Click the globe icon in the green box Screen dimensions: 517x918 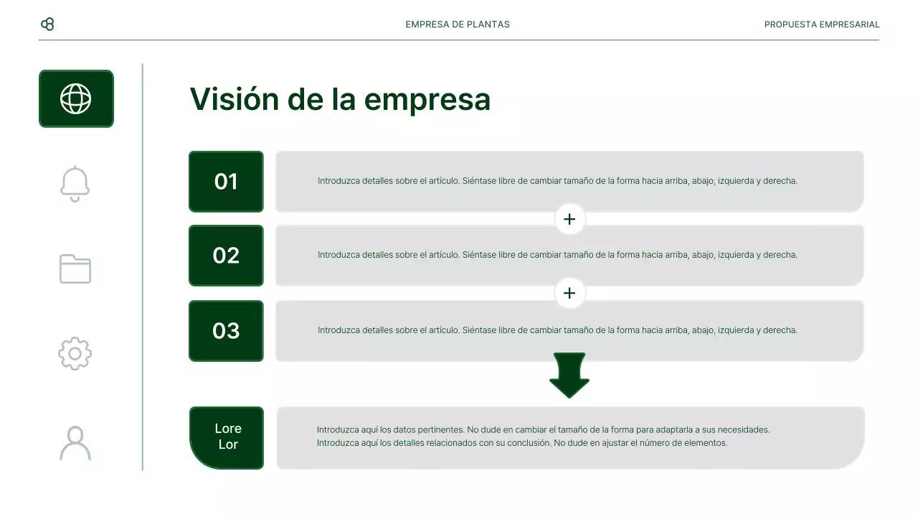pyautogui.click(x=76, y=98)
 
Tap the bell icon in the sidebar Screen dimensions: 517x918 pyautogui.click(x=75, y=184)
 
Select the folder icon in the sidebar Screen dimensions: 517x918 pyautogui.click(x=75, y=269)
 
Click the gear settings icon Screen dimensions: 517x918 pyautogui.click(x=75, y=353)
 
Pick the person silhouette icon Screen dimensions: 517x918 pyautogui.click(x=75, y=443)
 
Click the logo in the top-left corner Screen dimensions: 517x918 pyautogui.click(x=47, y=24)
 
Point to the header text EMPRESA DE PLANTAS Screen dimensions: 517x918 pyautogui.click(x=458, y=24)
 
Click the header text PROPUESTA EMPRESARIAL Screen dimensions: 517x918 pyautogui.click(x=822, y=24)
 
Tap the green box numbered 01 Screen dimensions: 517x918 pyautogui.click(x=226, y=182)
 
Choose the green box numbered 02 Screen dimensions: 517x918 pyautogui.click(x=226, y=256)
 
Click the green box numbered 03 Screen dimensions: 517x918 pyautogui.click(x=226, y=330)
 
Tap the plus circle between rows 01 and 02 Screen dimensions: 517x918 pyautogui.click(x=569, y=219)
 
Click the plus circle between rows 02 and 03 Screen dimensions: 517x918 pyautogui.click(x=569, y=293)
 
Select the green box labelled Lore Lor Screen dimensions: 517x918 pyautogui.click(x=227, y=437)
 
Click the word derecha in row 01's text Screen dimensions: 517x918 pyautogui.click(x=779, y=181)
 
